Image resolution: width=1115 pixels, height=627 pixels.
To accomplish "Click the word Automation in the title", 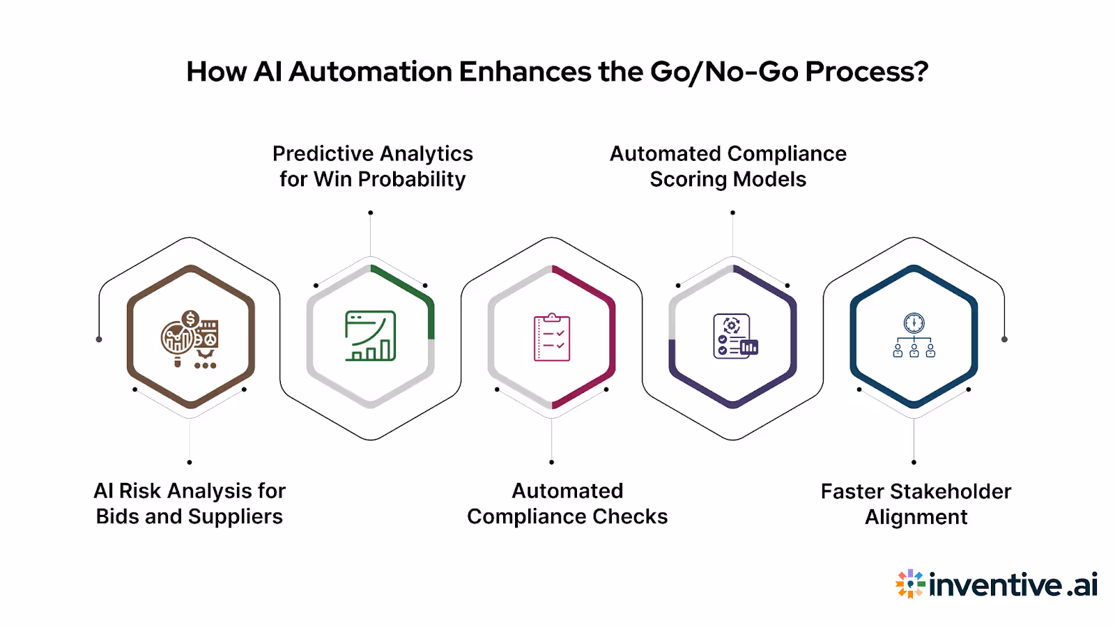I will pyautogui.click(x=370, y=72).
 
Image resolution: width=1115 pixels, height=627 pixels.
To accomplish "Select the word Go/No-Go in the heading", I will pyautogui.click(x=724, y=72).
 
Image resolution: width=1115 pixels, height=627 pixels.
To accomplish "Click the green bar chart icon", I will pyautogui.click(x=371, y=336).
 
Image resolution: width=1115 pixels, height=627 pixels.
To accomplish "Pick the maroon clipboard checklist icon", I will pyautogui.click(x=552, y=337).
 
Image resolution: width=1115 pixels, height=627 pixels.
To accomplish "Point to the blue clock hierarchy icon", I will pyautogui.click(x=914, y=336).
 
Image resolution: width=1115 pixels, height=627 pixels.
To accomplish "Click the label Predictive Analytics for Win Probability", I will pyautogui.click(x=373, y=167).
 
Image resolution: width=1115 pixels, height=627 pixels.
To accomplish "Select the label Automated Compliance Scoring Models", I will pyautogui.click(x=728, y=167).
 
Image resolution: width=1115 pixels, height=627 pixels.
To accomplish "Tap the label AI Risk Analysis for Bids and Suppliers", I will pyautogui.click(x=190, y=504).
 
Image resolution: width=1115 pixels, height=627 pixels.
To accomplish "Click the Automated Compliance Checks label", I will pyautogui.click(x=567, y=504).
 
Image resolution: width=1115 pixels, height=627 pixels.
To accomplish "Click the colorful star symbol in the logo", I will pyautogui.click(x=909, y=584).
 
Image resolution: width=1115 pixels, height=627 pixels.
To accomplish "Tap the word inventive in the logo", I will pyautogui.click(x=996, y=585).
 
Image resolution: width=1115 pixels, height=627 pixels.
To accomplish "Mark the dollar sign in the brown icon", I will pyautogui.click(x=190, y=320).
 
